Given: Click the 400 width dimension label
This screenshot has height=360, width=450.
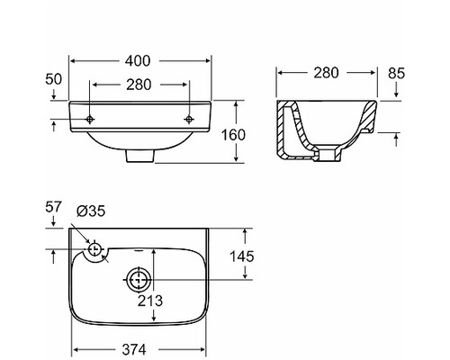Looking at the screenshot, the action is click(x=138, y=61).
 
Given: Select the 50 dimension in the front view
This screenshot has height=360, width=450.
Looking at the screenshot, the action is click(x=53, y=79).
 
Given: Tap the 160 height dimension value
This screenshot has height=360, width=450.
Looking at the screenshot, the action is click(x=233, y=135).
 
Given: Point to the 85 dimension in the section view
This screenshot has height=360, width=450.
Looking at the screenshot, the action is click(x=396, y=73).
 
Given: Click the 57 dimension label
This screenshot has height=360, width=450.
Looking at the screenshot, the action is click(x=53, y=207).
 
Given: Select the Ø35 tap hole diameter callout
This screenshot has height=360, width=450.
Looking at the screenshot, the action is click(x=91, y=211).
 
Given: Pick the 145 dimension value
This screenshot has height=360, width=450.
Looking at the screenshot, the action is click(x=242, y=256).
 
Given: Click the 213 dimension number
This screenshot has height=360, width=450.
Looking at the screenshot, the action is click(x=150, y=301).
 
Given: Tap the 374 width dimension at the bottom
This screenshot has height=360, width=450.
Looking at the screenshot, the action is click(x=134, y=349).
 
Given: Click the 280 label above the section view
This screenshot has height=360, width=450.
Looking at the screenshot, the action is click(x=326, y=73).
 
